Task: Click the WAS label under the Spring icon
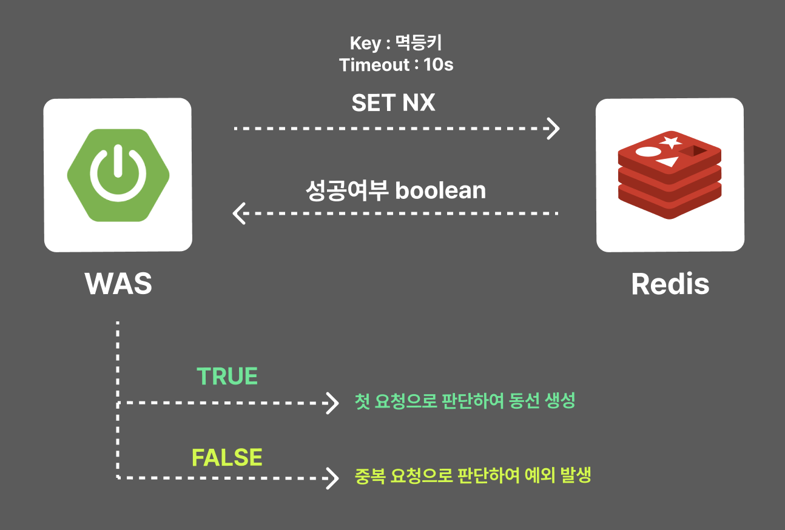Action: point(118,284)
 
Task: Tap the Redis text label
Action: point(670,284)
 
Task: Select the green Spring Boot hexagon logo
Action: point(118,175)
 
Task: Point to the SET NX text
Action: point(393,103)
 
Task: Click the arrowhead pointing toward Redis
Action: point(553,129)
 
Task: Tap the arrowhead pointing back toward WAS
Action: point(239,213)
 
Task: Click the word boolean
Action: point(440,190)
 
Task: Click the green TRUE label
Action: point(227,377)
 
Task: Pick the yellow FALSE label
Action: point(227,457)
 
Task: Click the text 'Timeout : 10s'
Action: point(396,65)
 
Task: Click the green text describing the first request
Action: point(465,401)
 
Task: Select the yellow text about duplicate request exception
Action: point(473,475)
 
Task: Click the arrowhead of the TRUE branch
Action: point(332,403)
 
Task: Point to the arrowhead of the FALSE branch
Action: point(332,478)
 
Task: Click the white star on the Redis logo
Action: point(670,143)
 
